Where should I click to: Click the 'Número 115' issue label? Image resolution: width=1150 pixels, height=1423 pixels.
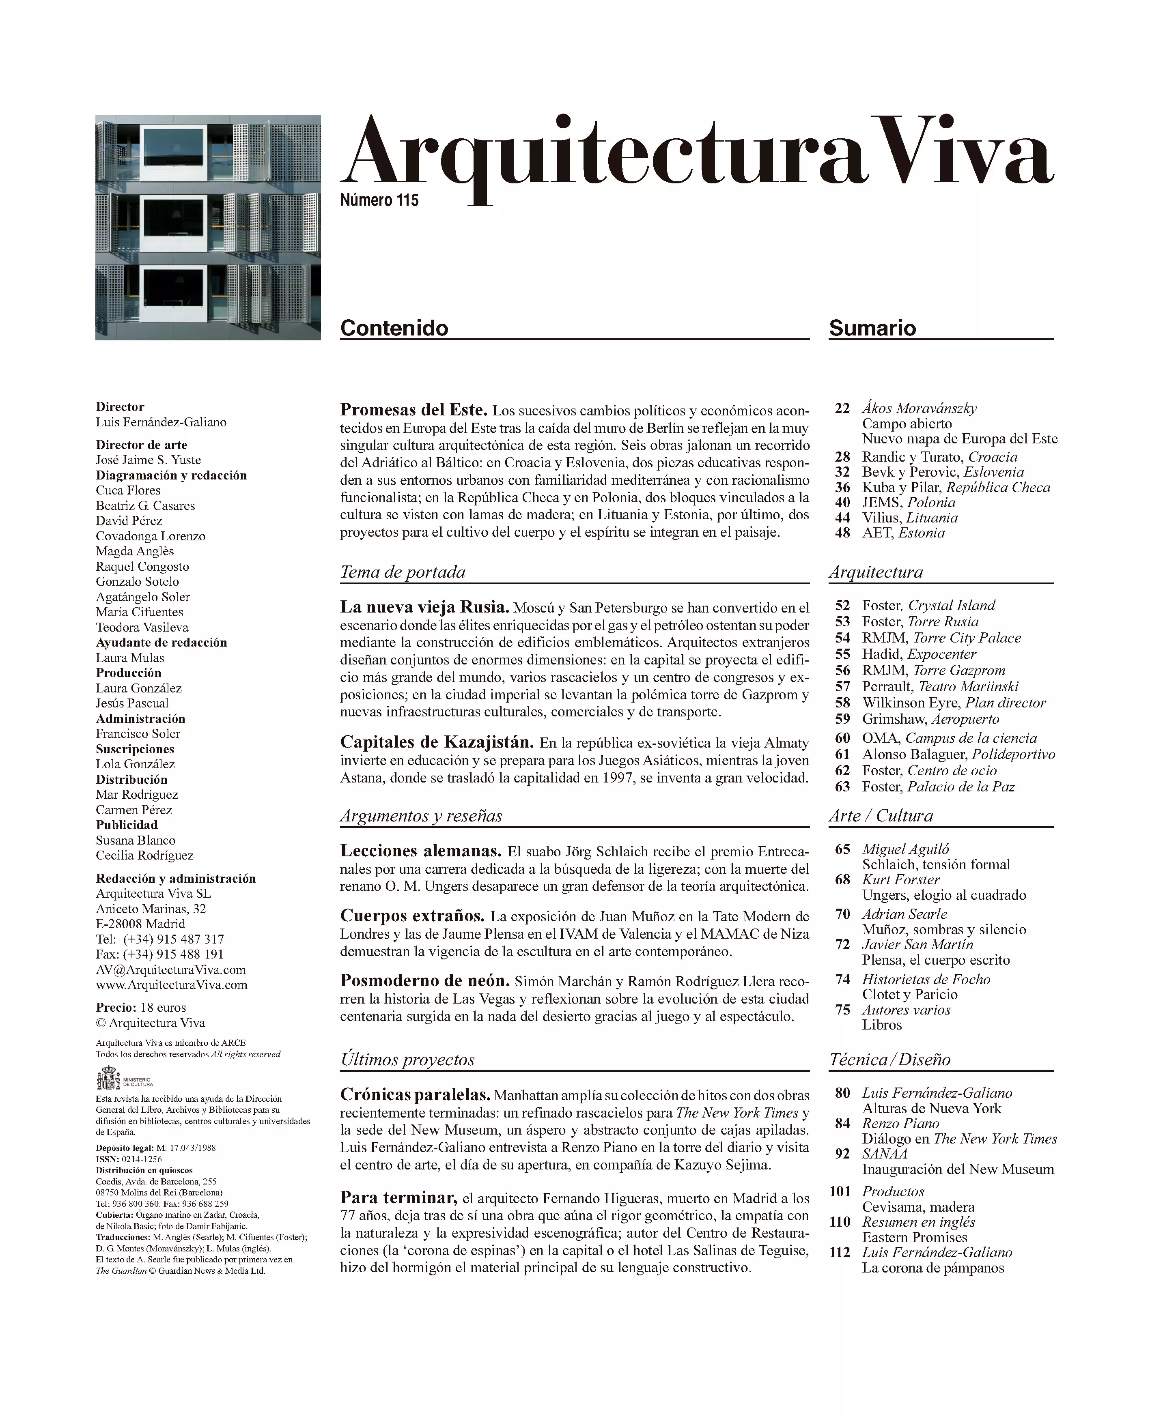tap(379, 200)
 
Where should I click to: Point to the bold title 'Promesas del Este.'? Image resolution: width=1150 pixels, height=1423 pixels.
tap(413, 409)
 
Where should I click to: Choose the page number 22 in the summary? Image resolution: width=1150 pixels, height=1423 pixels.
tap(842, 408)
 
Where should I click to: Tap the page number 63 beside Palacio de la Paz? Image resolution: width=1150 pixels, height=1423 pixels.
tap(842, 787)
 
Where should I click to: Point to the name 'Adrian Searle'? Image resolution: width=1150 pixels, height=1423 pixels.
tap(904, 914)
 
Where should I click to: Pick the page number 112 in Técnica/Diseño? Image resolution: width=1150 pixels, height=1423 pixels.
tap(839, 1252)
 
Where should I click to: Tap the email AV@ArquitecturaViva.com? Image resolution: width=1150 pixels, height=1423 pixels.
tap(170, 969)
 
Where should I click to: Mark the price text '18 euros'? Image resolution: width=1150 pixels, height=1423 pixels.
tap(163, 1007)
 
